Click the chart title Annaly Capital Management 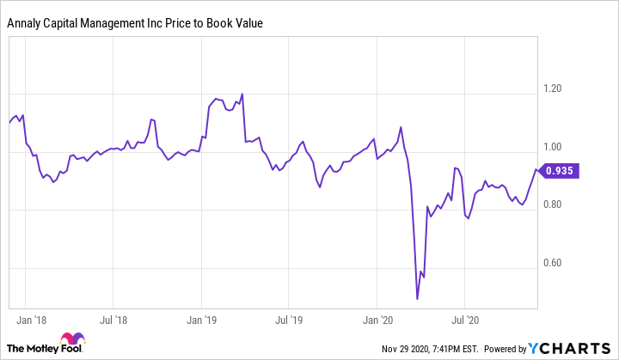pyautogui.click(x=135, y=23)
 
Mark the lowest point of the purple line pyautogui.click(x=417, y=299)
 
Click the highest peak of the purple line pyautogui.click(x=242, y=94)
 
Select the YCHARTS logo pyautogui.click(x=570, y=348)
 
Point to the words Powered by pyautogui.click(x=505, y=349)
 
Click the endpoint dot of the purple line pyautogui.click(x=538, y=170)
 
